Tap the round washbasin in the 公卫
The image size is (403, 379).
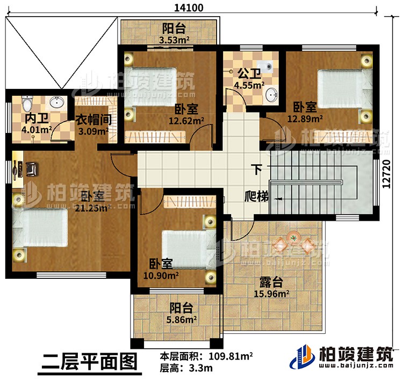272,96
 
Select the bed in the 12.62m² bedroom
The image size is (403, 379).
152,86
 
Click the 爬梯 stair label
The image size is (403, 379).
256,197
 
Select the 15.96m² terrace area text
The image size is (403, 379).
271,294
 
